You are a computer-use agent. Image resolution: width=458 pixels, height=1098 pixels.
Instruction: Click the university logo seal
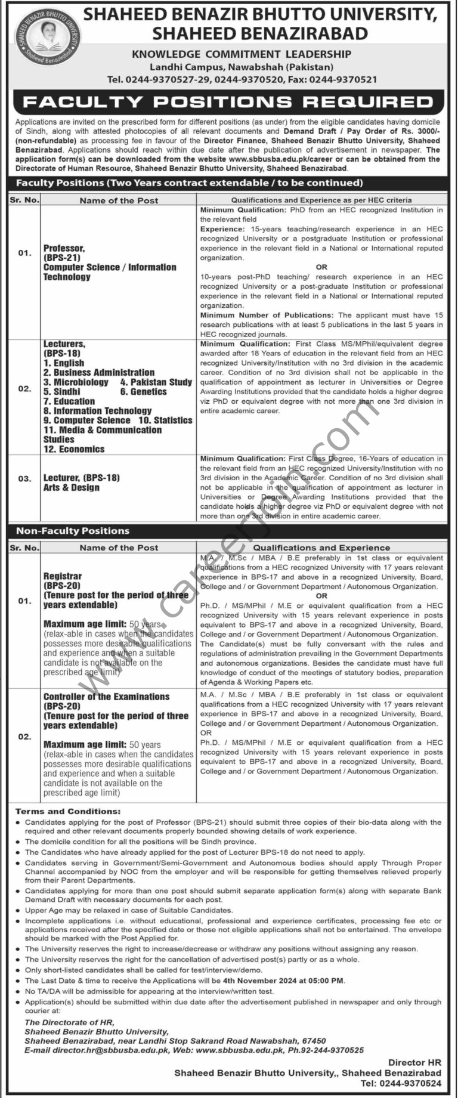41,36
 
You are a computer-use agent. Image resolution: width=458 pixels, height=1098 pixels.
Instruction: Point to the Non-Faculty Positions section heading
73,531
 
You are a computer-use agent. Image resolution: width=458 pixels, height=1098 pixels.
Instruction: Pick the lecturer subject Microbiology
81,382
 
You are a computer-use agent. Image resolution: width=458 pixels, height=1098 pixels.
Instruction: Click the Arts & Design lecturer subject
72,488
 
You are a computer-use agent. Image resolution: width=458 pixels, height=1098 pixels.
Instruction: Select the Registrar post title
63,576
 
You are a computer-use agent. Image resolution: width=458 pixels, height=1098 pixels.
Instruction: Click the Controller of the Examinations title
106,697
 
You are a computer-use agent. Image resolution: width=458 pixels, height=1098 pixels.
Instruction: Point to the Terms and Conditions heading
68,812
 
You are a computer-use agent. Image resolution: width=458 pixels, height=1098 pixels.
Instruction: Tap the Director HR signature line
414,1062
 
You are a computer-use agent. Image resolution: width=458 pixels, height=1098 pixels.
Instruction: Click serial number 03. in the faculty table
24,478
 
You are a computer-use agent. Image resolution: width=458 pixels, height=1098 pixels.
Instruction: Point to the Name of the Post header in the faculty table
119,200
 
